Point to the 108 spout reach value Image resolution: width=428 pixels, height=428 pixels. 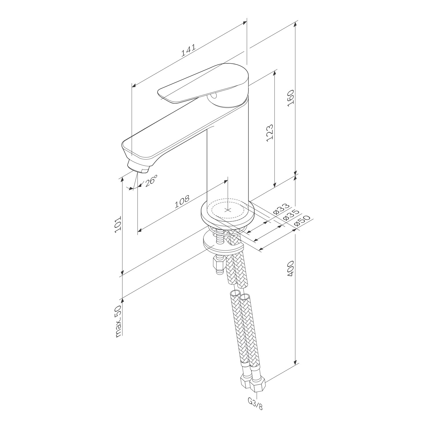[182, 201]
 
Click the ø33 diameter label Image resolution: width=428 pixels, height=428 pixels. [281, 209]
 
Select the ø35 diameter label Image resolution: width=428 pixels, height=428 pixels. [291, 215]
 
